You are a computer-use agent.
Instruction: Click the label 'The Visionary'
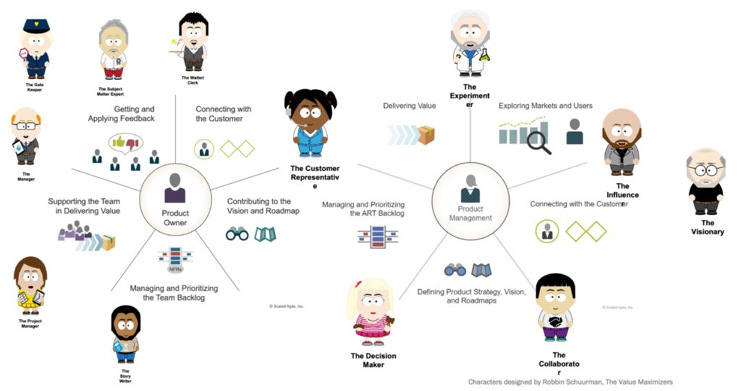point(707,227)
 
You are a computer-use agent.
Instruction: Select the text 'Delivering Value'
point(410,106)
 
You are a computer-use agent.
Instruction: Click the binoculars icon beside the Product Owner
point(237,234)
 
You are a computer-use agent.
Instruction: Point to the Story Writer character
point(125,333)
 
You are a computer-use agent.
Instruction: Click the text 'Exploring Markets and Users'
point(545,106)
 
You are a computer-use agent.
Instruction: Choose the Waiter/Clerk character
point(192,43)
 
